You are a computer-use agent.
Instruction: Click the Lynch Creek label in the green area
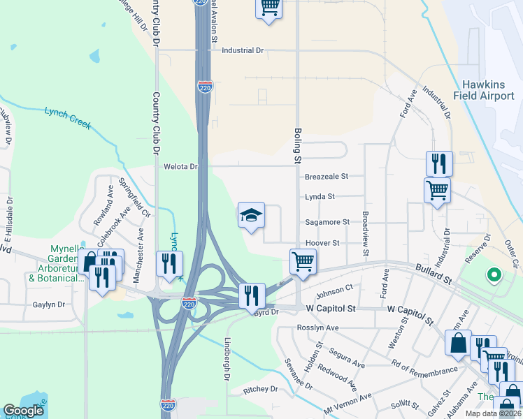tap(68, 117)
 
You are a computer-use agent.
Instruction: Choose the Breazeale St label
tap(327, 177)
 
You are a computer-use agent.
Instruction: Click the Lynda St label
tap(320, 197)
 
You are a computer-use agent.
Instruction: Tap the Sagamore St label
tap(327, 222)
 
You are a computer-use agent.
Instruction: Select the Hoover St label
tap(322, 243)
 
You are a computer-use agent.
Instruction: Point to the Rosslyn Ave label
tap(317, 328)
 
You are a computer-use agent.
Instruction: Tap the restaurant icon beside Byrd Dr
tap(252, 295)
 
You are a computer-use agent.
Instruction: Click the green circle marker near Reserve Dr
tap(494, 275)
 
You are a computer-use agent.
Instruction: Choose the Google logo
tap(24, 411)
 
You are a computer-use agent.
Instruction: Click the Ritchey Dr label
tap(260, 389)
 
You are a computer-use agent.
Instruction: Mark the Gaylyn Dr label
tap(48, 304)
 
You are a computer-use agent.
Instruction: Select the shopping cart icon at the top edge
tap(269, 8)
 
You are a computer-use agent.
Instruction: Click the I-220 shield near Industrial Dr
tap(204, 87)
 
